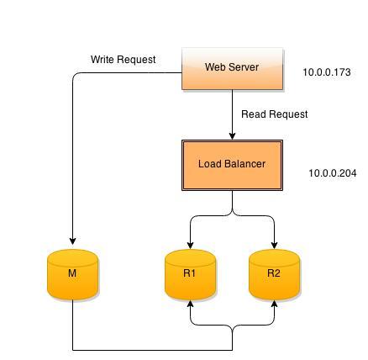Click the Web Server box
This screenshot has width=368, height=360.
233,69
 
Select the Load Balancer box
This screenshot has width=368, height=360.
232,165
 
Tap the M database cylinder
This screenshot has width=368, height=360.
72,274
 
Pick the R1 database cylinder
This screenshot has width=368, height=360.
190,274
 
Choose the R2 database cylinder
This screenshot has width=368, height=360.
274,274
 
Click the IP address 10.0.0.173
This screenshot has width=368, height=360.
327,72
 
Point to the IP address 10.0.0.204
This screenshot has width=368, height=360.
333,173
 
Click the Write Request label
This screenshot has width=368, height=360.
124,60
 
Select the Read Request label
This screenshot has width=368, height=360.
275,114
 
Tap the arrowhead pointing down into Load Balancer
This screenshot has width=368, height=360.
232,136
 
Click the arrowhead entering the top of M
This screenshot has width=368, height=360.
72,241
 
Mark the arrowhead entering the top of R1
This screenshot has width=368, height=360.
190,245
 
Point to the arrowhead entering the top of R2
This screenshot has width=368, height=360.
274,245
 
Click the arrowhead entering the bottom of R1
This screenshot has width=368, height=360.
190,304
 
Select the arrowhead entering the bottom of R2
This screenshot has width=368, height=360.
274,304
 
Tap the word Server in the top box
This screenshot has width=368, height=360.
244,67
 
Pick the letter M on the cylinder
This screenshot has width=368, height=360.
72,273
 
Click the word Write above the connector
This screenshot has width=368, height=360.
103,60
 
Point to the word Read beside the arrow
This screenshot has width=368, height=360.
254,114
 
